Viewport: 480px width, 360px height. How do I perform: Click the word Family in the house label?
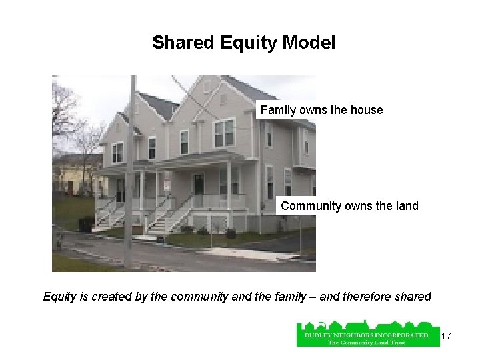(x=277, y=110)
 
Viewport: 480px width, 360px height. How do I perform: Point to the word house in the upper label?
(x=367, y=110)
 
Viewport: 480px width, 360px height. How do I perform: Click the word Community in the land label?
(x=309, y=206)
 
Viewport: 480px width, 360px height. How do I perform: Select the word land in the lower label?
(x=407, y=206)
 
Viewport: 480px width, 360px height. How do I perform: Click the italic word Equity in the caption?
(x=59, y=297)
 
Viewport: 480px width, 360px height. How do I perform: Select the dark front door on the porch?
(x=198, y=183)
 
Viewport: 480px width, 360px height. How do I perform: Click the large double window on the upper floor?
(x=224, y=133)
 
